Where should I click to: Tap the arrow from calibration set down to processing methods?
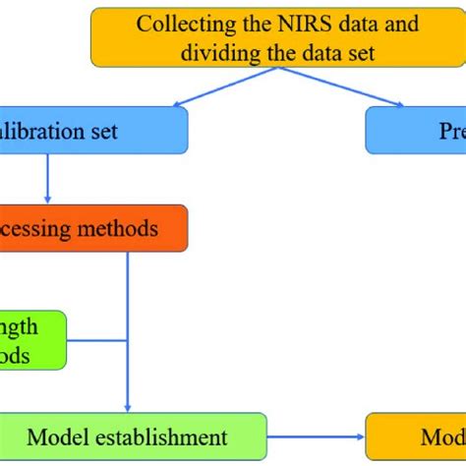click(x=47, y=178)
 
